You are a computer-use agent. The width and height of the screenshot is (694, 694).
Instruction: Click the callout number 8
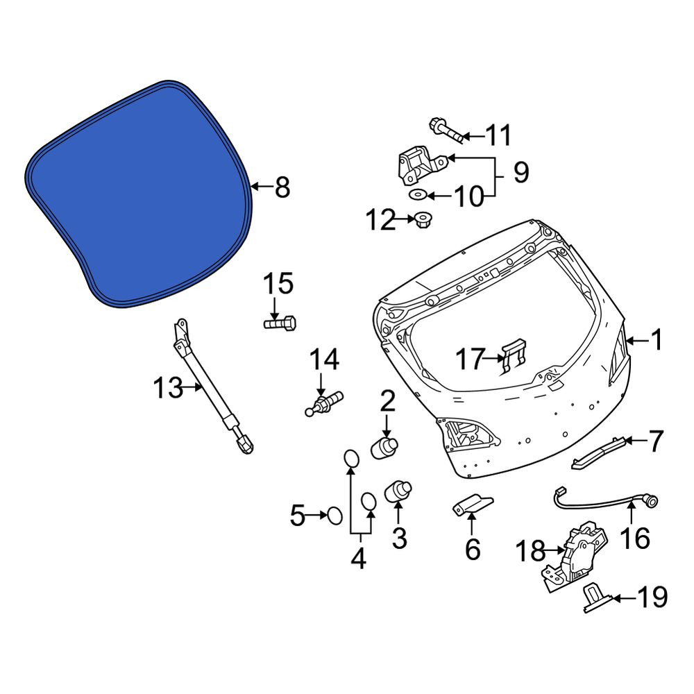(282, 187)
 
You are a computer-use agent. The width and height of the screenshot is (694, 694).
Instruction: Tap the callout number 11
(499, 135)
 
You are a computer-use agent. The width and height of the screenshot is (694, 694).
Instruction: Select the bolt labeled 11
(446, 130)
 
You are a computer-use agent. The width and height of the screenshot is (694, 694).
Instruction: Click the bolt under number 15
(280, 323)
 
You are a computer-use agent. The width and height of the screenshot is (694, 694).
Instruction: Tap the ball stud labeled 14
(324, 403)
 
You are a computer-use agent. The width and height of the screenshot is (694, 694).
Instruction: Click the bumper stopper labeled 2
(384, 447)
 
